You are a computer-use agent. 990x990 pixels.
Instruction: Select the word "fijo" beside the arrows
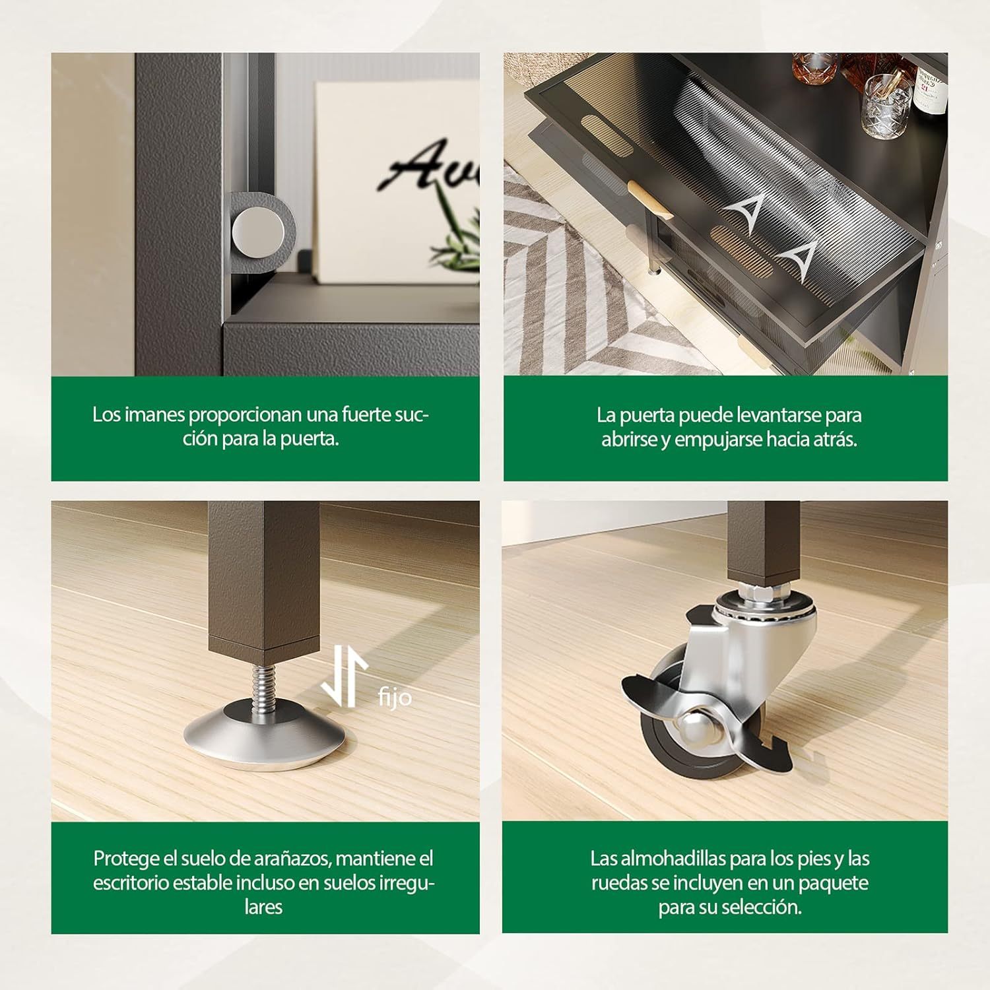[395, 697]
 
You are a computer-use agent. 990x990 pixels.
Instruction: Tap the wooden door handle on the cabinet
[649, 205]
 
